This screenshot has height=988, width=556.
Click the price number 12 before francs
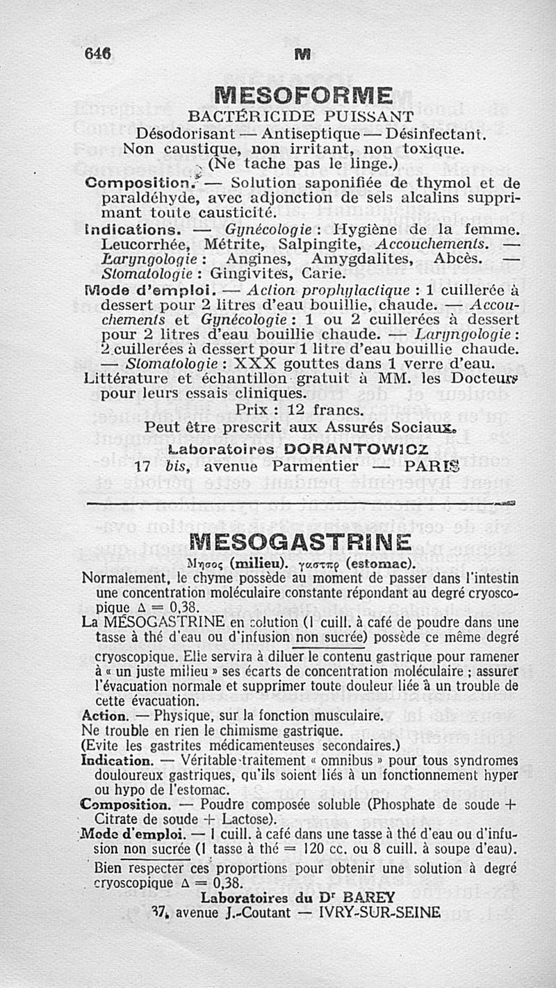click(x=296, y=410)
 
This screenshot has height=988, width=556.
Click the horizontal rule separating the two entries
click(x=299, y=502)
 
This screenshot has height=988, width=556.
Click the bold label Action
click(x=104, y=716)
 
